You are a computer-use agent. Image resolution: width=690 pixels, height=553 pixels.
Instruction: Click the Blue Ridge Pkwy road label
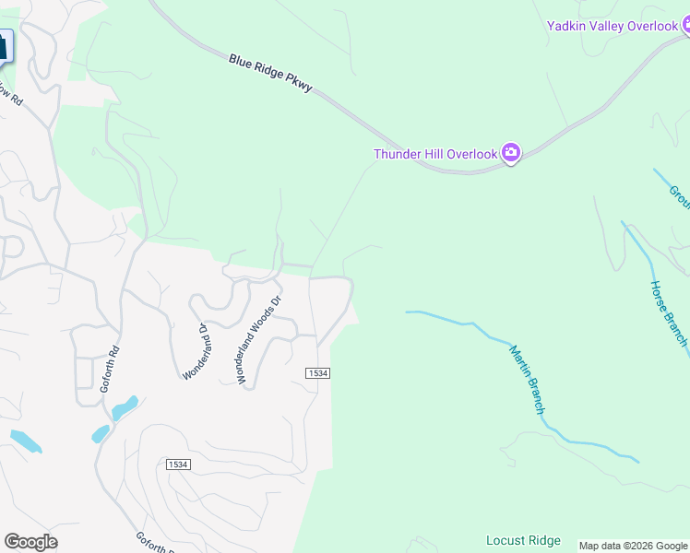click(271, 74)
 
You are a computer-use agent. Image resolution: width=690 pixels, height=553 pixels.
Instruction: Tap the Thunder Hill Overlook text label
click(435, 154)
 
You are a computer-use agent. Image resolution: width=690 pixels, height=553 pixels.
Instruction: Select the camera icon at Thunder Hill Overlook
click(511, 154)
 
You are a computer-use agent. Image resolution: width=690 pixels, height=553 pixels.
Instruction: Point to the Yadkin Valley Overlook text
click(613, 26)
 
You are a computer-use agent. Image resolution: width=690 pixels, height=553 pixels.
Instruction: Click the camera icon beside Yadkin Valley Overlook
click(686, 27)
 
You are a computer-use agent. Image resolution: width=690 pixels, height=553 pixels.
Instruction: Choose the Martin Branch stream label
click(527, 379)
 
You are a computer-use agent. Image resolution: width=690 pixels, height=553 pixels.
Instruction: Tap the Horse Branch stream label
click(669, 313)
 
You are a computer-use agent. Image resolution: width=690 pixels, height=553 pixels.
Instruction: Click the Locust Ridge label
click(523, 539)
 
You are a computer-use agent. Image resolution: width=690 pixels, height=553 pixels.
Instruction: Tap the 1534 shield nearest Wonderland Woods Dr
click(317, 372)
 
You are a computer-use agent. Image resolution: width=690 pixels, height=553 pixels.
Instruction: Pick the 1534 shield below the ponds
click(179, 465)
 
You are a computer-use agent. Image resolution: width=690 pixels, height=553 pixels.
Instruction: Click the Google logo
click(30, 542)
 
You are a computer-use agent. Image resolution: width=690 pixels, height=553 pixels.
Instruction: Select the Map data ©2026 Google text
click(633, 546)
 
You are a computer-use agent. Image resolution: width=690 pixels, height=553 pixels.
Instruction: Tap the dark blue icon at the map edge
click(5, 46)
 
